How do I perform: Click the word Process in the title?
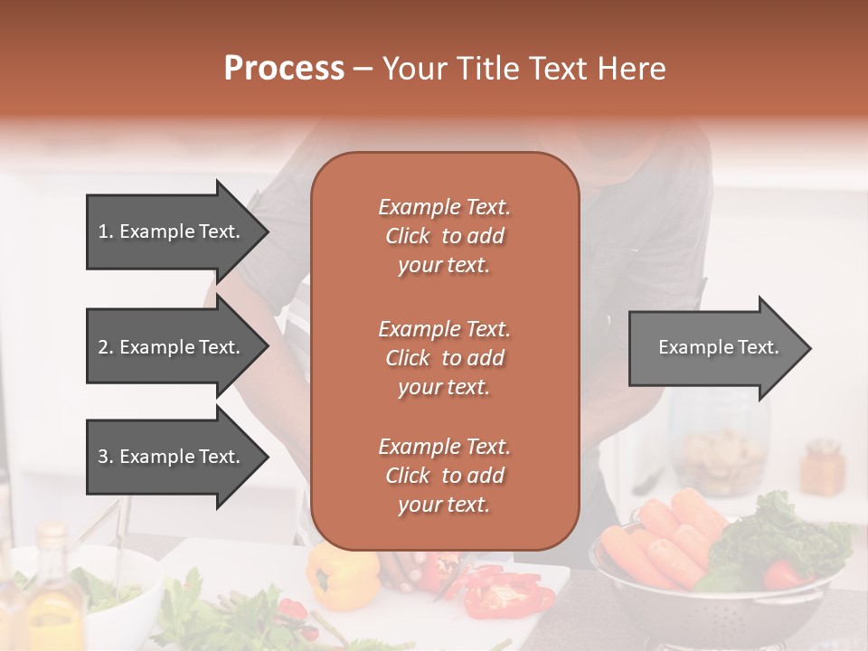(284, 69)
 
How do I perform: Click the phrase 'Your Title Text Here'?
(524, 69)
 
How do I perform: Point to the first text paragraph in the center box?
(445, 236)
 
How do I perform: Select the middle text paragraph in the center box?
(445, 358)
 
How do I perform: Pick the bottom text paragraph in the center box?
(445, 476)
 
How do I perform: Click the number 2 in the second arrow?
(102, 347)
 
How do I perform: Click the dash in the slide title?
(363, 70)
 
